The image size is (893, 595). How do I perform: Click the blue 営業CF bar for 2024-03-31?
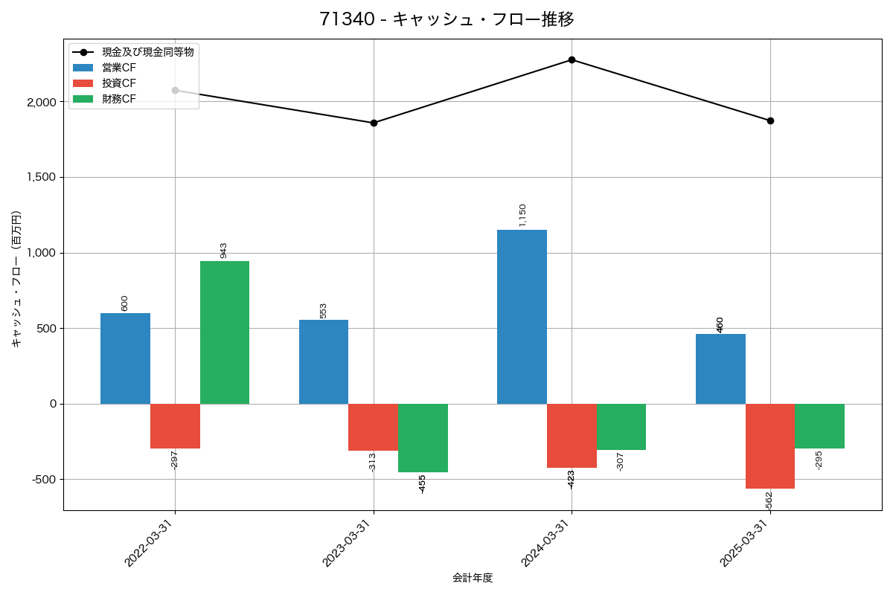(522, 317)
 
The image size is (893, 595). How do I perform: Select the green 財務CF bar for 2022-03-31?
(225, 332)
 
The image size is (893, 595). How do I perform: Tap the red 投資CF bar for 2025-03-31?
(770, 446)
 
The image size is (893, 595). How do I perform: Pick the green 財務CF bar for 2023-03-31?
(423, 438)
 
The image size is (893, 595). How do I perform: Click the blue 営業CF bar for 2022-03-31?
(125, 358)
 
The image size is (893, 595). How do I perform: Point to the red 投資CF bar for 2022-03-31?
(175, 426)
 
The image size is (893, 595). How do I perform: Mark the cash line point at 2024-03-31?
(572, 59)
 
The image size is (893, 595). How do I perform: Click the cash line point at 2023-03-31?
(374, 123)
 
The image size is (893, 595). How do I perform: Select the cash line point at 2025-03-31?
(770, 120)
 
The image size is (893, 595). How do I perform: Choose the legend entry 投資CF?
(119, 83)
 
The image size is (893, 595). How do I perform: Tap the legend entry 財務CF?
(119, 99)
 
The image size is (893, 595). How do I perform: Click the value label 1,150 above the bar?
(522, 215)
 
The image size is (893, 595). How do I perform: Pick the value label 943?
(224, 250)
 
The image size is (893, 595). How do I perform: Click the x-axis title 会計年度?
(473, 578)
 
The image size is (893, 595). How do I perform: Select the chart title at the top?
(446, 19)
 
